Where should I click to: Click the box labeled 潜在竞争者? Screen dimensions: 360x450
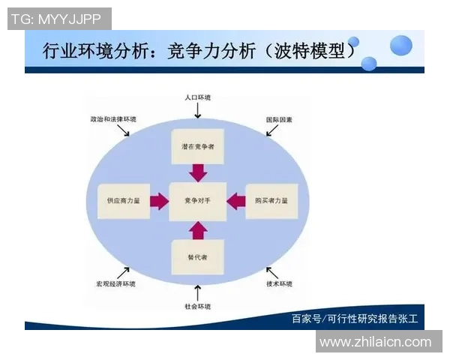(198, 147)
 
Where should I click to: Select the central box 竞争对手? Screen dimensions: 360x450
(198, 201)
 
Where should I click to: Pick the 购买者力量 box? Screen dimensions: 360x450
(272, 201)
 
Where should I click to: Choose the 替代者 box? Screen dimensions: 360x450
(198, 257)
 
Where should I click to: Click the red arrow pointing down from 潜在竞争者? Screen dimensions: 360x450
(198, 172)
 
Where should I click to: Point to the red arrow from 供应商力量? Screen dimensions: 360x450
(159, 201)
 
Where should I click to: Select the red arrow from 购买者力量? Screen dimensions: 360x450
(236, 201)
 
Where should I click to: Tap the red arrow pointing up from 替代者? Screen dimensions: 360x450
(198, 229)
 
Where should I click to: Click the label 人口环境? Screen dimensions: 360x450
(198, 97)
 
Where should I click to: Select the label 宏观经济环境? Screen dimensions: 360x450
(115, 283)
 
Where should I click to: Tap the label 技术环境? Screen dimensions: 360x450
(279, 283)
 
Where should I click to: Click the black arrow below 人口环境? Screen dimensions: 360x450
(198, 111)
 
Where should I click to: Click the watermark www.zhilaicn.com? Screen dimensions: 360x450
(375, 342)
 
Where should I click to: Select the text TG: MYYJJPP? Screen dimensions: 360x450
(56, 19)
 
